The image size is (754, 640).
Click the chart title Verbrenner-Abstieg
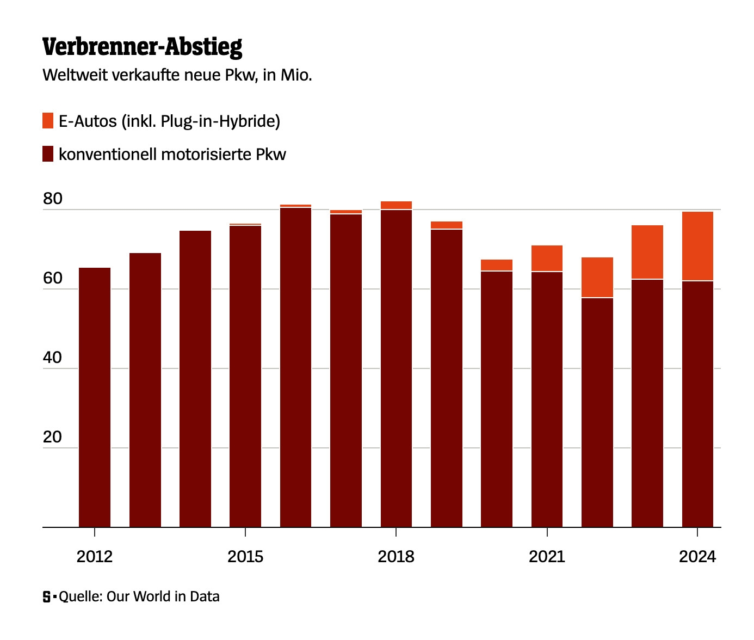142,47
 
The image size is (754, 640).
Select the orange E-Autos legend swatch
48,121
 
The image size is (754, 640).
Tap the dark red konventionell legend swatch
48,154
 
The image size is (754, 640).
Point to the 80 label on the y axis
53,199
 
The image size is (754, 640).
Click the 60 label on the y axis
53,279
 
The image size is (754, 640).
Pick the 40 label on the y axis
53,358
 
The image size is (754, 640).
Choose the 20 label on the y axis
53,438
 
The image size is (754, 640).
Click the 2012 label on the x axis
95,557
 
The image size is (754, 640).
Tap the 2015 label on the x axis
245,557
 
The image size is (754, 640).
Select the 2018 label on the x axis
396,557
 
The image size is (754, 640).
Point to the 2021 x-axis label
547,557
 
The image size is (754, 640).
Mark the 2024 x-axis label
697,557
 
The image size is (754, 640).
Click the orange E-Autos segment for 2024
697,246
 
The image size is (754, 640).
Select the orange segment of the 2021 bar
547,259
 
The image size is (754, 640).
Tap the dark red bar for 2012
95,397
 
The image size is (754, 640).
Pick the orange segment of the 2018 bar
396,205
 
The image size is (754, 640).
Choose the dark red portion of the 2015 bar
245,376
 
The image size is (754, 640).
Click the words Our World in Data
163,596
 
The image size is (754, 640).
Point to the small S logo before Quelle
47,597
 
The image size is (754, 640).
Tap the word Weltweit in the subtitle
75,75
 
